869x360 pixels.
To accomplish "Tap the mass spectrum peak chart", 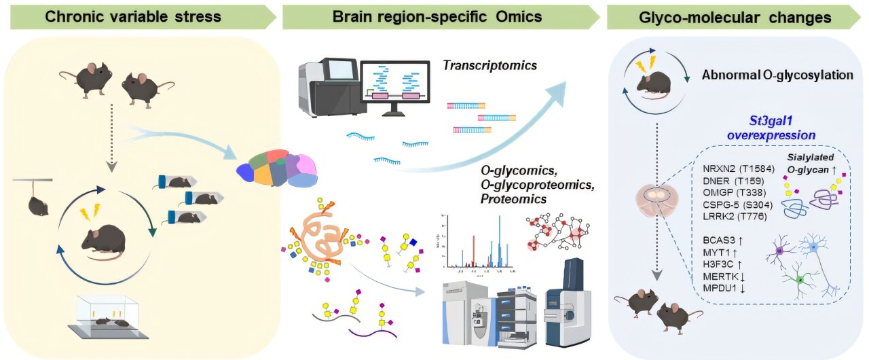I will click(479, 244).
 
